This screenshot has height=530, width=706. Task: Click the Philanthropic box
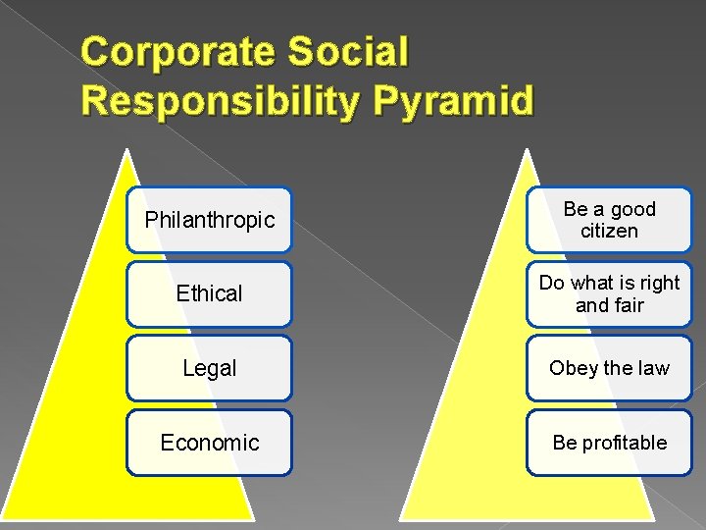coord(209,220)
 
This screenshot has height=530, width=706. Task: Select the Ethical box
coord(209,293)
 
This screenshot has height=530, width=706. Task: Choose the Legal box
coord(209,368)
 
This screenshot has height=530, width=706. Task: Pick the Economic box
coord(209,443)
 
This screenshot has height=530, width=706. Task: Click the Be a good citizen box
coord(609,220)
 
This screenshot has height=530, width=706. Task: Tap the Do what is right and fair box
coord(609,293)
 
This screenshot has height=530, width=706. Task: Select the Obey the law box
coord(609,368)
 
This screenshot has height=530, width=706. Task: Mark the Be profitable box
coord(609,443)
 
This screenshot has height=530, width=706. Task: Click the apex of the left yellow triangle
coord(127,150)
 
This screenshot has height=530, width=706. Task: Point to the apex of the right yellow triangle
coord(528,150)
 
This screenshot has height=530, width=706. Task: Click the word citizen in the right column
coord(609,232)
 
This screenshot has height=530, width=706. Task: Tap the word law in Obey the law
coord(651,368)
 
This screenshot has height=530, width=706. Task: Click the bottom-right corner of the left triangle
coord(253,517)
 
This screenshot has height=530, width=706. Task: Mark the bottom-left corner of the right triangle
coord(402,517)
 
